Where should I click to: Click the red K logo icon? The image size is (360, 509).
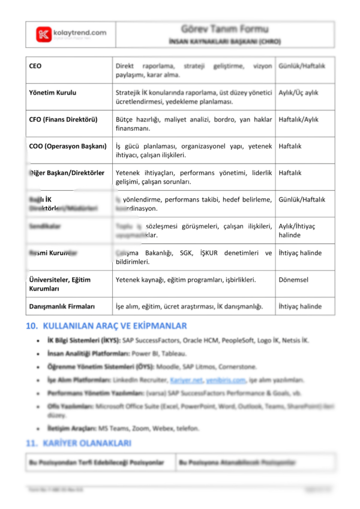coord(43,34)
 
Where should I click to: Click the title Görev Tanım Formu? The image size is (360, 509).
coord(224,29)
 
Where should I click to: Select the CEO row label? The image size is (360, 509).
coord(35,65)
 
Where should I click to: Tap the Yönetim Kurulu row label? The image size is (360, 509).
coord(53,93)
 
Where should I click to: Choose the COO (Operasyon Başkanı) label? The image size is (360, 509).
coord(67,146)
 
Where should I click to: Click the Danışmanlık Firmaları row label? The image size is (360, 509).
coord(62,306)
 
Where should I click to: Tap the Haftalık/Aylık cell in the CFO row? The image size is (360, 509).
coord(299,119)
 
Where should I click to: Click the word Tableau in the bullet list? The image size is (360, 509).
coord(175,354)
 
